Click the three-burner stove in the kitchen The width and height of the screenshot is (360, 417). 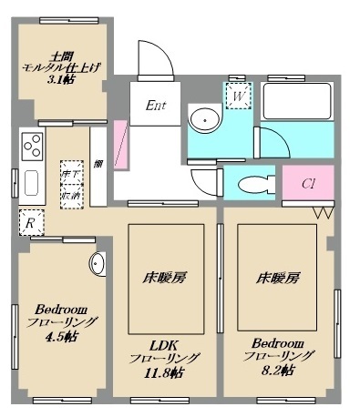pyautogui.click(x=32, y=147)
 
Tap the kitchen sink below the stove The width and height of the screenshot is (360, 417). pyautogui.click(x=31, y=185)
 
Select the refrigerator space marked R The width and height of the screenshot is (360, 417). pyautogui.click(x=30, y=221)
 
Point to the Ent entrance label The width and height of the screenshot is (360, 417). pyautogui.click(x=156, y=106)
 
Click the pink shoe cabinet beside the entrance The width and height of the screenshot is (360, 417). pyautogui.click(x=120, y=147)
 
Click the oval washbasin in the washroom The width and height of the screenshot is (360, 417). pyautogui.click(x=205, y=119)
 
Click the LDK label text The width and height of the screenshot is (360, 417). pyautogui.click(x=164, y=342)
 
